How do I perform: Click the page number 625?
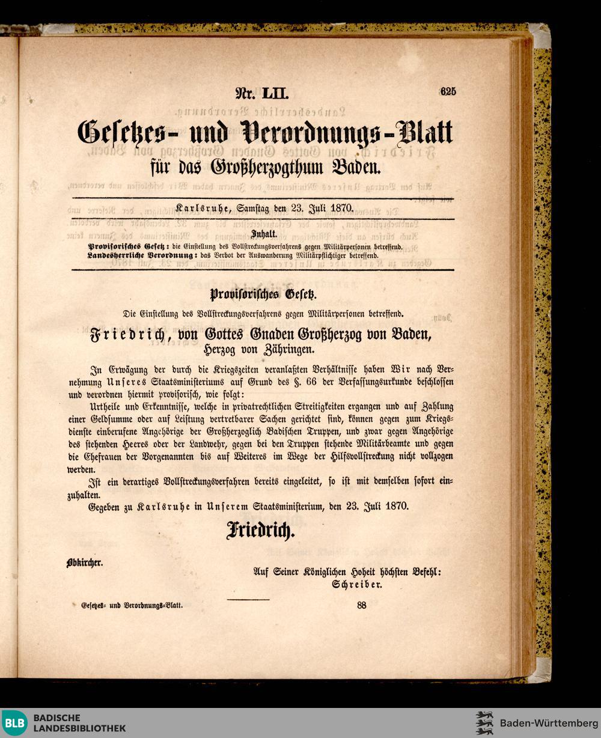(x=448, y=91)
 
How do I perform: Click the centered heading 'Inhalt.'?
(x=263, y=235)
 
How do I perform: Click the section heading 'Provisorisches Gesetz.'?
(x=263, y=295)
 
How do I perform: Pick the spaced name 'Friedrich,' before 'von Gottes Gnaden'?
(x=133, y=335)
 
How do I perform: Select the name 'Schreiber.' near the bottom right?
(x=358, y=584)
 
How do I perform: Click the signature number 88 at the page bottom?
(x=361, y=605)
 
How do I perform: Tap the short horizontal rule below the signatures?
(x=249, y=599)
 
